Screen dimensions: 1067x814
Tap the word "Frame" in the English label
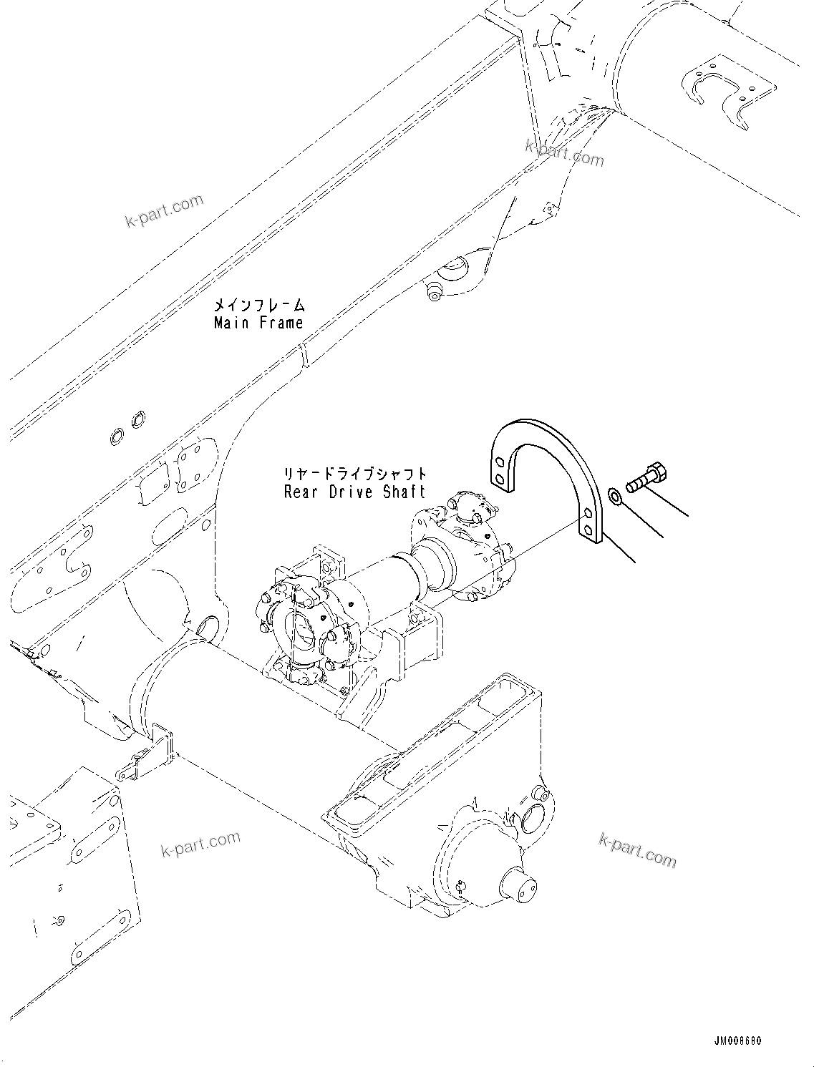coord(281,323)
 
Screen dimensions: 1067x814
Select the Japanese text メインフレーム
coord(260,306)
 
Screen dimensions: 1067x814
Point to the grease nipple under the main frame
coord(432,292)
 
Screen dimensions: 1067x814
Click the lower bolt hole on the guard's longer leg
coord(588,530)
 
